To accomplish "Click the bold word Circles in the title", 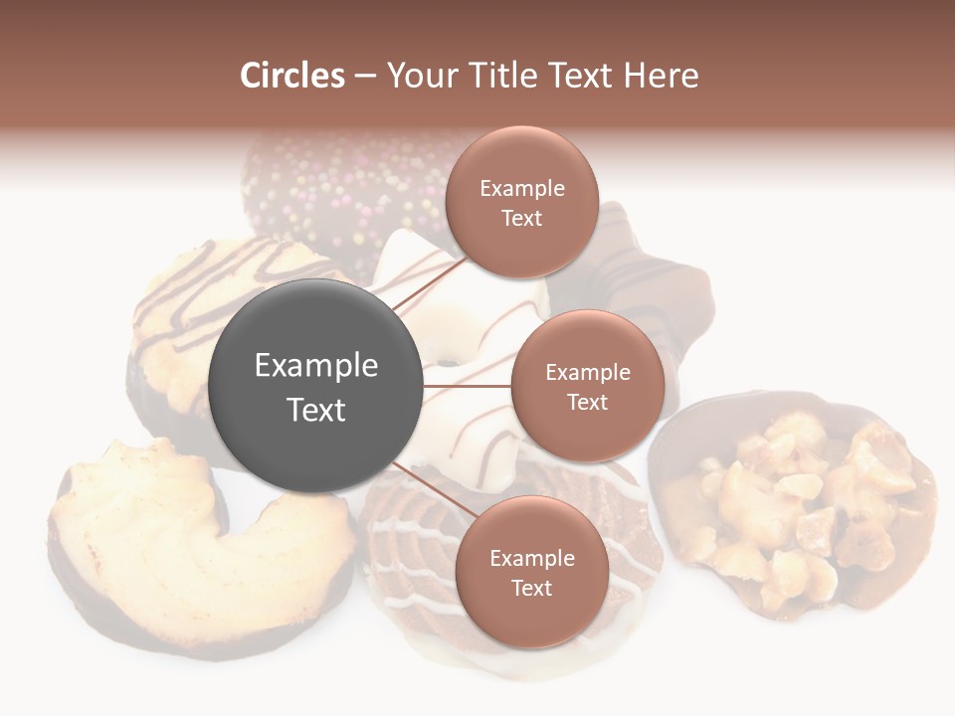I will (292, 76).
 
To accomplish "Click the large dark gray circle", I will (315, 386).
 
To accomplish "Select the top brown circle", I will (521, 202).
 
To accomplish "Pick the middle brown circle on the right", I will (587, 386).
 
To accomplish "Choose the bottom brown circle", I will (531, 572).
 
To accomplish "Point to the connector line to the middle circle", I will (467, 386).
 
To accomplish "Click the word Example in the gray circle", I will (315, 365).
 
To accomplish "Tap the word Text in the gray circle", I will (315, 409).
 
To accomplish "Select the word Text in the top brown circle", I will (521, 218).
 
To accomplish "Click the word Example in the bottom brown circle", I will (531, 558).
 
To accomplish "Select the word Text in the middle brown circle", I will (587, 402).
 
